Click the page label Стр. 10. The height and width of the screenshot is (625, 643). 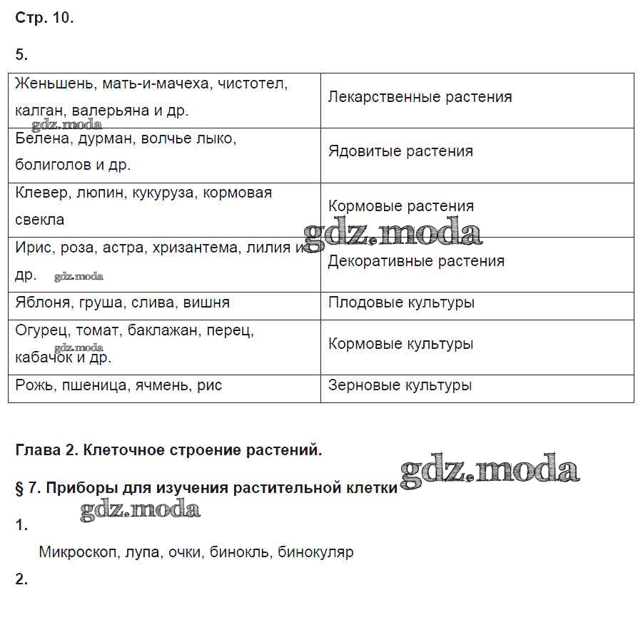[44, 19]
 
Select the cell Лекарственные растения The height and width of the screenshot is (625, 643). [420, 97]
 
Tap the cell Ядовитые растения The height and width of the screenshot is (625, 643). [400, 151]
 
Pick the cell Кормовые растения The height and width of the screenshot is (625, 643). [401, 206]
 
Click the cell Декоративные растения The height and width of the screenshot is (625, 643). [416, 261]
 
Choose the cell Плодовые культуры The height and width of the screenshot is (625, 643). [401, 303]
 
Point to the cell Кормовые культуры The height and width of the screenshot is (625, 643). [400, 344]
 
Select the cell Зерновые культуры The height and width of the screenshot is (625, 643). [400, 385]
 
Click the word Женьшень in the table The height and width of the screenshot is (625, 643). [54, 84]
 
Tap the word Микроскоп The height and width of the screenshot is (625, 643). [79, 552]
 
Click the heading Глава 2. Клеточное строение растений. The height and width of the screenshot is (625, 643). [168, 451]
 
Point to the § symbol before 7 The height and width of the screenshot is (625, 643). [20, 489]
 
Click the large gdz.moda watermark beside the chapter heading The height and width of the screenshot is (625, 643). [490, 471]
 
